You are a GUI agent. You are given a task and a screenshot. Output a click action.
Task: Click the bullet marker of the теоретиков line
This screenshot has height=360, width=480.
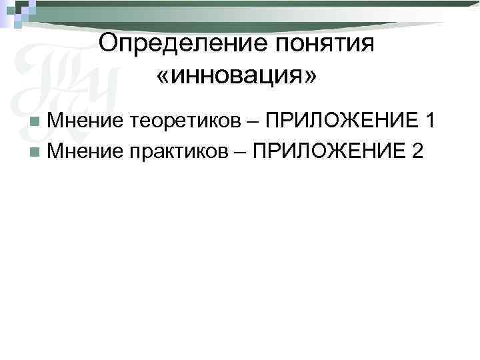coord(34,121)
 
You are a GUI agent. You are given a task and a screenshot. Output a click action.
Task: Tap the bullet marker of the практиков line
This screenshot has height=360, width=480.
coord(34,152)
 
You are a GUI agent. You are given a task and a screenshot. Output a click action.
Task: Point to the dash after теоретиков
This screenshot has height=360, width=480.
coord(254,122)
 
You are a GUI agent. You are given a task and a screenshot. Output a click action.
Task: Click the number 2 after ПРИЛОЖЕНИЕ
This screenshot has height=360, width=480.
coord(417,151)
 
